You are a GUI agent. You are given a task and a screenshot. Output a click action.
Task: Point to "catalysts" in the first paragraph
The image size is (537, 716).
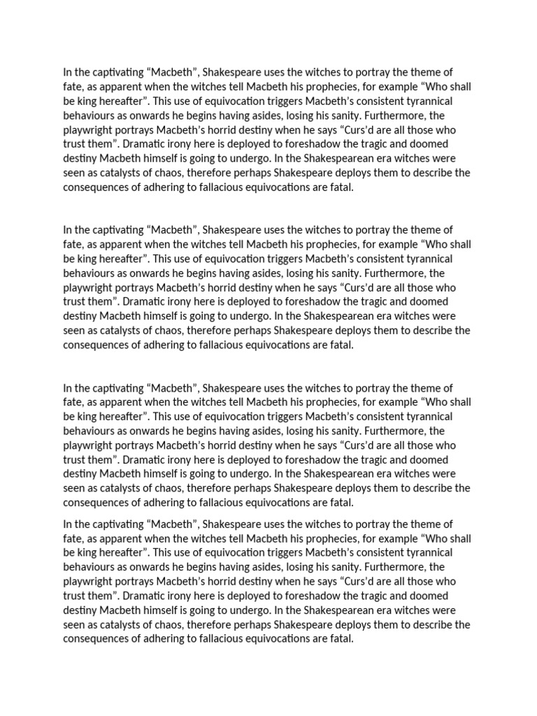coord(113,171)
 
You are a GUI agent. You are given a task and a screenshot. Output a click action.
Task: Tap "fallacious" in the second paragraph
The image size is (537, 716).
coord(237,344)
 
